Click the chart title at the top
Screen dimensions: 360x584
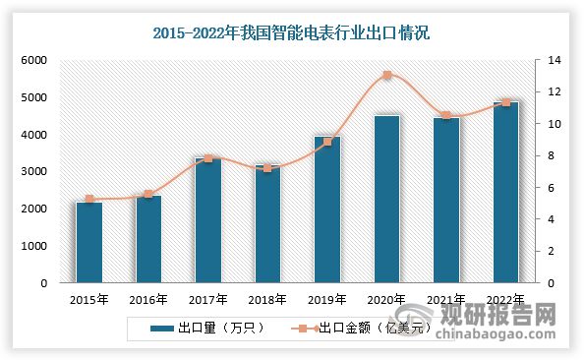292,32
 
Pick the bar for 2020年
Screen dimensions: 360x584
386,199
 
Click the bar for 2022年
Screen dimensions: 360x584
505,192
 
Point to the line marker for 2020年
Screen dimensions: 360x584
386,75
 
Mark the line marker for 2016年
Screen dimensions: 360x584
148,194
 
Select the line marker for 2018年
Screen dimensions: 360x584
267,168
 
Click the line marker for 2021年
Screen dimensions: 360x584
446,115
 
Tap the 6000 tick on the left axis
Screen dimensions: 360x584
34,61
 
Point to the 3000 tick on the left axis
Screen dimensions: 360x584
34,172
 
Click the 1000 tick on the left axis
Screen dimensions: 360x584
34,246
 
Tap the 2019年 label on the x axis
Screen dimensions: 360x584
326,299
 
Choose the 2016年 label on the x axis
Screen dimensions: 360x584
148,299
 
